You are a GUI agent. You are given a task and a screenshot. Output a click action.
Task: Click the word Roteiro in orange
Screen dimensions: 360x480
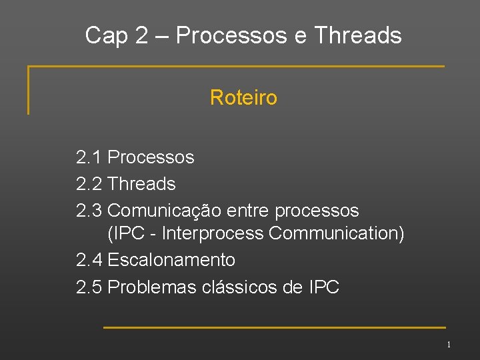point(243,98)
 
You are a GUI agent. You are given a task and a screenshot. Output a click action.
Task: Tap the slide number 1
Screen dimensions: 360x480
point(449,345)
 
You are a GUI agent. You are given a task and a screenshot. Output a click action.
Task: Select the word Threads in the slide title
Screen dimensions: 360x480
point(358,35)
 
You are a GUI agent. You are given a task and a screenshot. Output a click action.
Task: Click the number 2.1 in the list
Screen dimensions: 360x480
point(89,157)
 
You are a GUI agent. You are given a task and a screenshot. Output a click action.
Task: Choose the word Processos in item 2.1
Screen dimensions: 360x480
point(151,157)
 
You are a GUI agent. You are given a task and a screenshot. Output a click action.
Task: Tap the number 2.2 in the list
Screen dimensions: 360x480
point(89,183)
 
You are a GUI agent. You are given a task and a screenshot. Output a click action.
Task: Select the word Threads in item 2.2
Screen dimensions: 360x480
point(141,183)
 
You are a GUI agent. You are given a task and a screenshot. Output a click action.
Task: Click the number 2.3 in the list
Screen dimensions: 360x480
point(89,211)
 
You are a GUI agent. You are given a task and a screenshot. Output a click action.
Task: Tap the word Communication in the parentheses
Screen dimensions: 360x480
point(335,234)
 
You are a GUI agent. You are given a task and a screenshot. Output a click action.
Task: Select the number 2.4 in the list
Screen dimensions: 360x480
point(89,259)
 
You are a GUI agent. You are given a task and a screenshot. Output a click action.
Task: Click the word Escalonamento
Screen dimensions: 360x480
point(171,259)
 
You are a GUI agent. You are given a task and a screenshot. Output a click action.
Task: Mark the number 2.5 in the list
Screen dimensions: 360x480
point(89,287)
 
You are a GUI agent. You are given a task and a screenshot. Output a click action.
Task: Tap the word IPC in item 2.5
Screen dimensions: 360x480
point(324,287)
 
